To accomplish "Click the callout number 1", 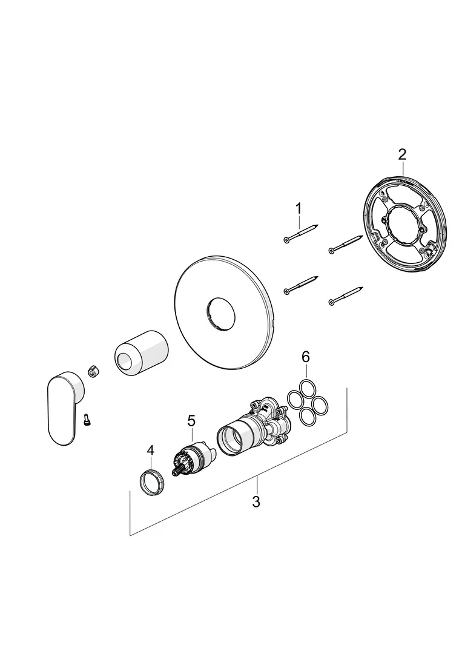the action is tap(298, 208).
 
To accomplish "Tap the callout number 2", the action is tap(402, 154).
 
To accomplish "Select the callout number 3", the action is tap(256, 501).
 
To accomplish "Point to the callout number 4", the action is tap(151, 451).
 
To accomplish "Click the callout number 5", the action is tap(191, 420).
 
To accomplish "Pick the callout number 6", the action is tap(306, 357).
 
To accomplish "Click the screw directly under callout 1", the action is tap(301, 234).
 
